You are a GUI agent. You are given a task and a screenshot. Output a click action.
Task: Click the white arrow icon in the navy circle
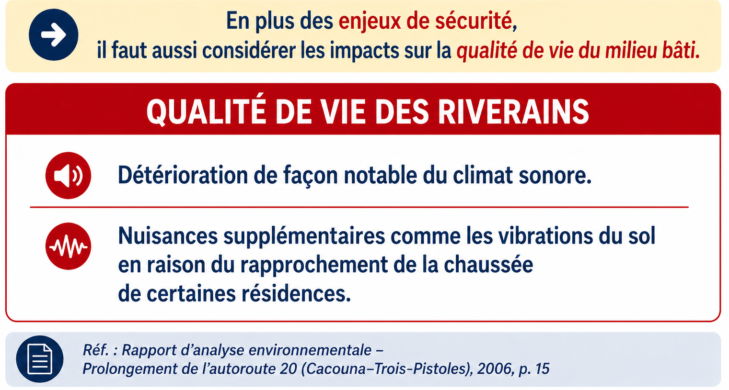coord(54,34)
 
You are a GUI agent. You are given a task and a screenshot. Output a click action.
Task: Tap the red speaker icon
coord(68,176)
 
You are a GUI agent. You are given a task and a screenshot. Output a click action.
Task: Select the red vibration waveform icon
coord(68,246)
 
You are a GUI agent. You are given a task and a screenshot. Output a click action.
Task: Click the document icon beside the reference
coord(40,359)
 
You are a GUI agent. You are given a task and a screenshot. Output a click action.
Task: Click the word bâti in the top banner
coord(681,50)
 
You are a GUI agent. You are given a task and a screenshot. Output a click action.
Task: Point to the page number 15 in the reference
coord(542,369)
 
